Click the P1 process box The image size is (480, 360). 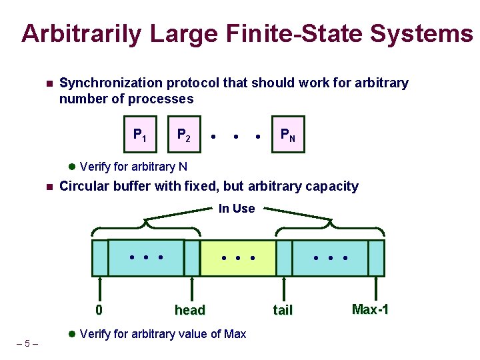(x=140, y=135)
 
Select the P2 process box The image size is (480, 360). (x=183, y=135)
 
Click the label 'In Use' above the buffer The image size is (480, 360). (x=237, y=209)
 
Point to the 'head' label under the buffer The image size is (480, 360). (x=189, y=310)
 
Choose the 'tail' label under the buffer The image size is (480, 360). (x=283, y=310)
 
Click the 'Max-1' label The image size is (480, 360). (x=370, y=309)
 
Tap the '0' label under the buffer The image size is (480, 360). (x=99, y=310)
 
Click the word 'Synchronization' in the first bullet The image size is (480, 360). (x=111, y=83)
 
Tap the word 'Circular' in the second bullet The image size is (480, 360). (x=83, y=186)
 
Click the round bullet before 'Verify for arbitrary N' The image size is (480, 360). (x=73, y=167)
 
